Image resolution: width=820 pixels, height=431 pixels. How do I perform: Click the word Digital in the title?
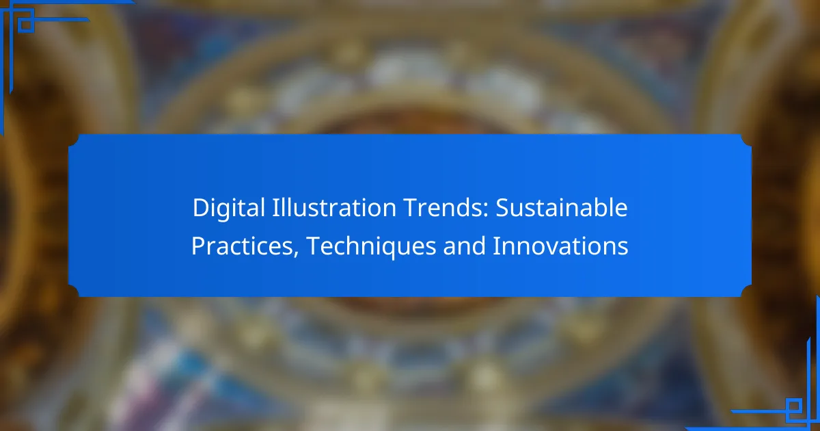click(228, 208)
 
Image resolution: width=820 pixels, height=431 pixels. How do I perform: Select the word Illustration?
click(333, 207)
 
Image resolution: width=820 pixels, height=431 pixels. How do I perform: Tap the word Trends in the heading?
click(443, 207)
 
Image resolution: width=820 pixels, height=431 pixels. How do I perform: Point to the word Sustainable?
click(562, 207)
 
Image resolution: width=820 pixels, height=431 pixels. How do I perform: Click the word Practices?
click(242, 246)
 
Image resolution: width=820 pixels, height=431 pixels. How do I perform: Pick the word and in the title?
click(464, 246)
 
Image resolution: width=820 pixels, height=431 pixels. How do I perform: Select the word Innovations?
click(560, 246)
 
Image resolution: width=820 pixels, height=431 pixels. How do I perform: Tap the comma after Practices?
click(296, 254)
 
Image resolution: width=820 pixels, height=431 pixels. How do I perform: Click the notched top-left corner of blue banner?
click(74, 140)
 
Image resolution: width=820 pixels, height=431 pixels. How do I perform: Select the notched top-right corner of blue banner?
click(746, 140)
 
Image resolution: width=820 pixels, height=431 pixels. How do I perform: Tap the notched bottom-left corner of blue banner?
click(74, 291)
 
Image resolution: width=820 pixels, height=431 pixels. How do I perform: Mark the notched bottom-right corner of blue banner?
click(746, 291)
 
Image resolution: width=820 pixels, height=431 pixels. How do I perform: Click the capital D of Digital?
click(202, 208)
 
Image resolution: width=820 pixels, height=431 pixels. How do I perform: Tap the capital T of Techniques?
click(314, 246)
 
